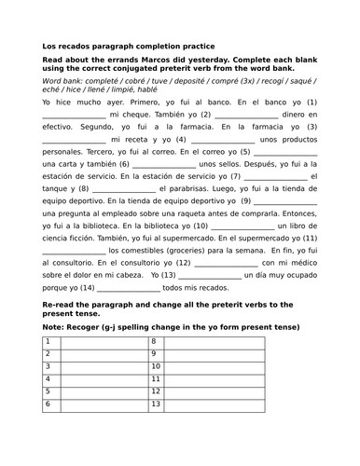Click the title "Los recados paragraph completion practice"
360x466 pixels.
click(128, 45)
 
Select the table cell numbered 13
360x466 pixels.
click(155, 405)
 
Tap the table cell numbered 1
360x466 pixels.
click(47, 343)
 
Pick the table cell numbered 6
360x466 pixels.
click(47, 405)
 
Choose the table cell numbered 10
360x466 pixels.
click(155, 368)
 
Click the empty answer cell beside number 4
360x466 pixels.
click(103, 380)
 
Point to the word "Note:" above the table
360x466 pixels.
click(57, 328)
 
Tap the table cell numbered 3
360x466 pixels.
click(47, 368)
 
